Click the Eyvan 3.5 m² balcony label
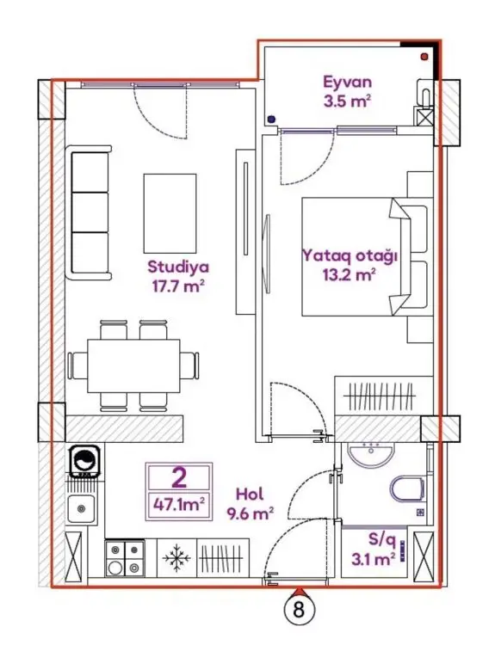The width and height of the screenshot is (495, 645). pyautogui.click(x=348, y=91)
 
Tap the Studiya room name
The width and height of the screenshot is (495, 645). pyautogui.click(x=178, y=267)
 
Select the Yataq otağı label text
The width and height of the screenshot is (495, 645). pyautogui.click(x=350, y=255)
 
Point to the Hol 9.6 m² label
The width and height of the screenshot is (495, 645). pyautogui.click(x=251, y=503)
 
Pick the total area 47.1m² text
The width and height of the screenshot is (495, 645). pyautogui.click(x=179, y=504)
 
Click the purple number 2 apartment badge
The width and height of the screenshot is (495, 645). pyautogui.click(x=179, y=478)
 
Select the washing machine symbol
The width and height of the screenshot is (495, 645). pyautogui.click(x=86, y=460)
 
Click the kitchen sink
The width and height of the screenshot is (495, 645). pyautogui.click(x=82, y=508)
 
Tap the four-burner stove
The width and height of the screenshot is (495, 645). pyautogui.click(x=124, y=558)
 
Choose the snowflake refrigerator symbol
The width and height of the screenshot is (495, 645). pyautogui.click(x=176, y=558)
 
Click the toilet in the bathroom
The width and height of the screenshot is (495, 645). pyautogui.click(x=407, y=488)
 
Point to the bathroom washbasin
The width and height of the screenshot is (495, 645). pyautogui.click(x=371, y=456)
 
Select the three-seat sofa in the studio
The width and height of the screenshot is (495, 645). pyautogui.click(x=89, y=212)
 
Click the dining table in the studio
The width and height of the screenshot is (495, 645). pyautogui.click(x=133, y=365)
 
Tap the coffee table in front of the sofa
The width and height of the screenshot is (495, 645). pyautogui.click(x=170, y=213)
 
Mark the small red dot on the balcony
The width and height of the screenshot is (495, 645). pyautogui.click(x=424, y=57)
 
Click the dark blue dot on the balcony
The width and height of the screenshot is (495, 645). pyautogui.click(x=271, y=120)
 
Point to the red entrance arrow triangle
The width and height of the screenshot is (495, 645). pyautogui.click(x=298, y=592)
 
